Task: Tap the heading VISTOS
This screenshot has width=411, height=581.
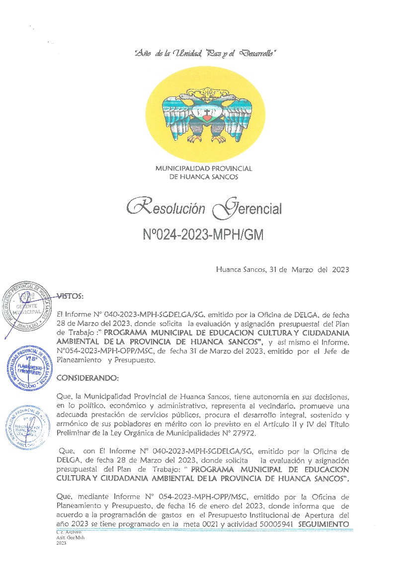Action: coord(70,296)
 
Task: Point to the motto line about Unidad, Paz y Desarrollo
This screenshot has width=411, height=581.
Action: coord(205,53)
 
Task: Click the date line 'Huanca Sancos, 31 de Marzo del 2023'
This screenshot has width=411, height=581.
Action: coord(282,270)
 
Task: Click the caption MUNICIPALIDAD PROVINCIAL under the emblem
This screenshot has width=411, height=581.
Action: coord(204,169)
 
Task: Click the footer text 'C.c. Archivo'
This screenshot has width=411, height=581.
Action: coord(68,533)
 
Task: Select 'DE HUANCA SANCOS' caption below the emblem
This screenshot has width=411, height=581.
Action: coord(204,177)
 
